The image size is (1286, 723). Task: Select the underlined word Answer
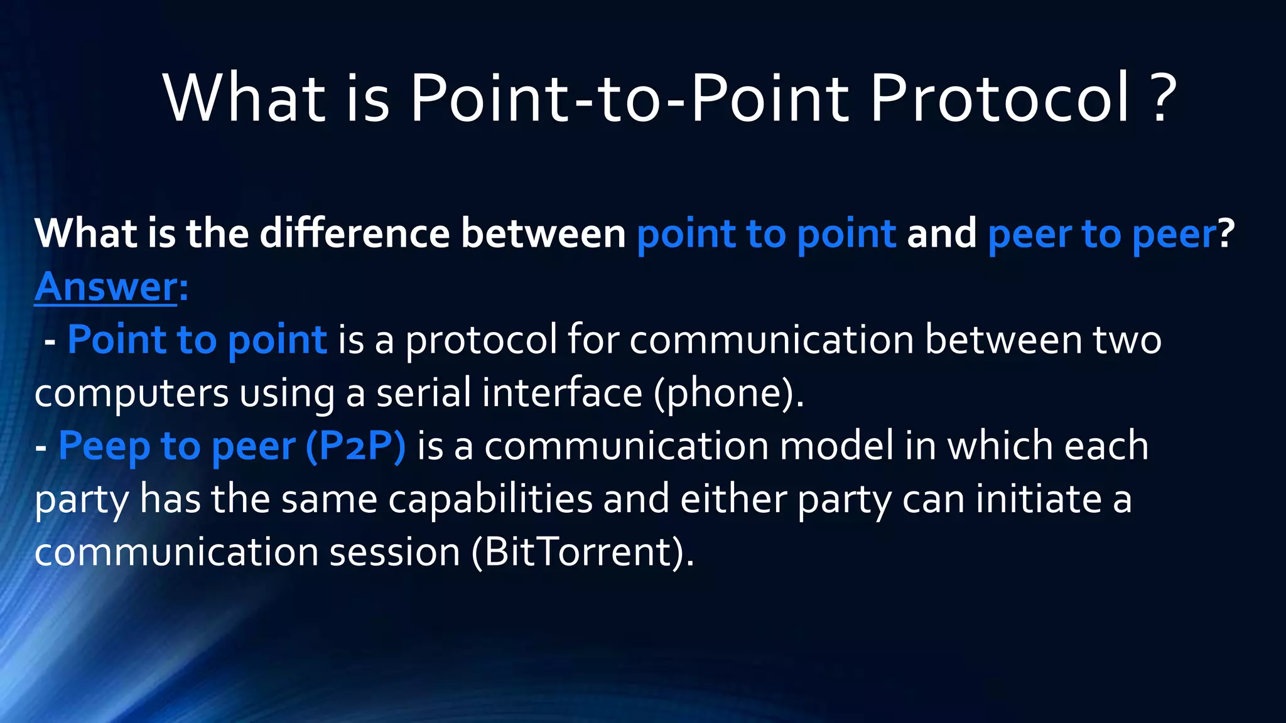click(106, 287)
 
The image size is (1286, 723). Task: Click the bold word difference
click(355, 234)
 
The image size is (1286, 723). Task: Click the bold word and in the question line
click(941, 234)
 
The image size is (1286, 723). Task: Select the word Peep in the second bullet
click(104, 447)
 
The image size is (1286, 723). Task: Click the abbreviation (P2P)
click(356, 447)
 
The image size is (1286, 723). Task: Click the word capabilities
click(490, 500)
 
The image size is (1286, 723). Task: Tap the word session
click(395, 552)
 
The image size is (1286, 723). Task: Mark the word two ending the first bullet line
click(1127, 340)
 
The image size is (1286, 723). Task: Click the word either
click(733, 500)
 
